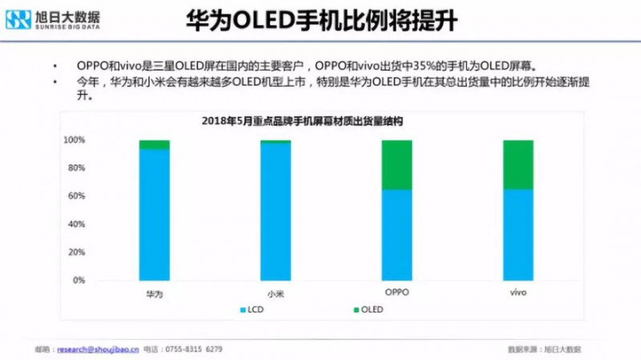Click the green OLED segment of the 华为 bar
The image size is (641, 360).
[x=154, y=144]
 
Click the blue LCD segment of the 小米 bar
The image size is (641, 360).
[x=276, y=212]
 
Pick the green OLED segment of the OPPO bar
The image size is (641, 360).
[x=396, y=164]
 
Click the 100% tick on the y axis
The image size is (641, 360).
[x=75, y=140]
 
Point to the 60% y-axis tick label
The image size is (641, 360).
[x=76, y=196]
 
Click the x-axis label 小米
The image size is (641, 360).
[x=275, y=293]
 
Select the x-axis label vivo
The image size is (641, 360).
[x=518, y=293]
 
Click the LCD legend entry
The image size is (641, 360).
[x=255, y=309]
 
